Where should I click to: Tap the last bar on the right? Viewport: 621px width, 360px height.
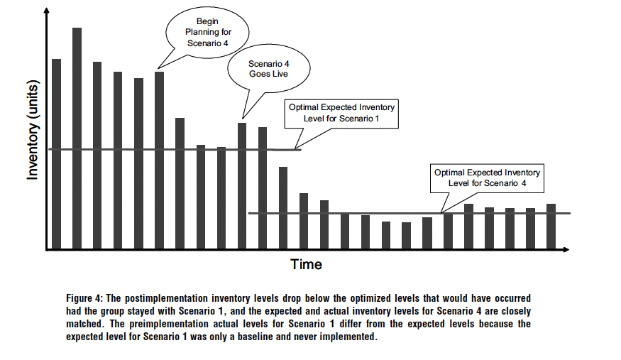(x=551, y=227)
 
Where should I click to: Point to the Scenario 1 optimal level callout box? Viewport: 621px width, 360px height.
(x=341, y=113)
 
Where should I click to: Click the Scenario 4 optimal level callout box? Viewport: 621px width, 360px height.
(x=486, y=178)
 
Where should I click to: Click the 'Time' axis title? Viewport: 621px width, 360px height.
(x=306, y=265)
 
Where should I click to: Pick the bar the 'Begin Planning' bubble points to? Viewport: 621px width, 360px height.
(x=159, y=160)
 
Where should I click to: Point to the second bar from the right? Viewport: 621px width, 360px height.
(x=530, y=229)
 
